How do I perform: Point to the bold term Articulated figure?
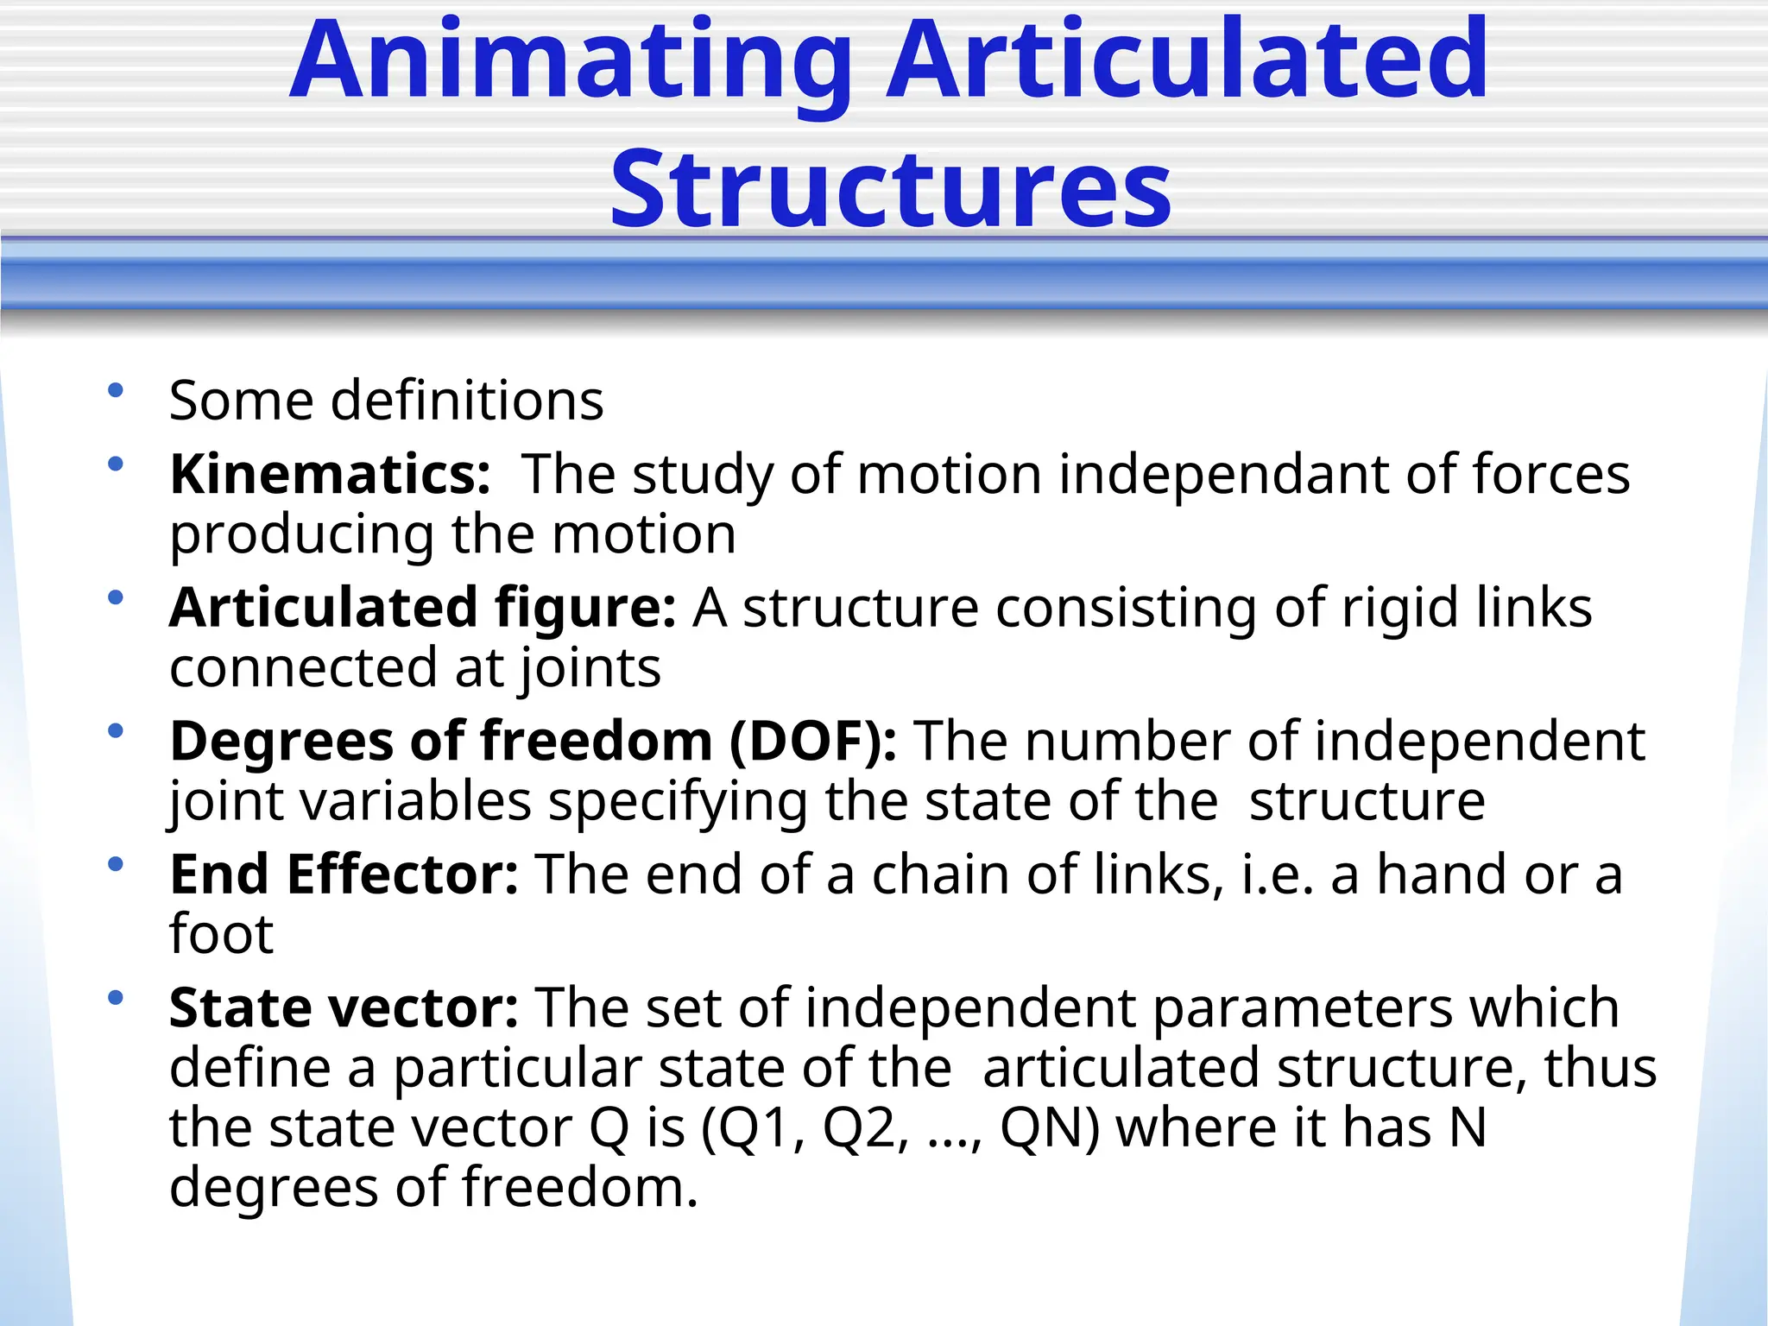[x=422, y=608]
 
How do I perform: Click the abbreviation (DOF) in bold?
[x=812, y=742]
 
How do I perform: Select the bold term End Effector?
[x=344, y=875]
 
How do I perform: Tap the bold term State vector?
[x=344, y=1008]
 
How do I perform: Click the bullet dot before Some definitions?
[x=116, y=390]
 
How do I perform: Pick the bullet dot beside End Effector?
[x=116, y=864]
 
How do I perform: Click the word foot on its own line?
[x=221, y=935]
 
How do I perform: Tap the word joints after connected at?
[x=590, y=669]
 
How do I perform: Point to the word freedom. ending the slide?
[x=579, y=1188]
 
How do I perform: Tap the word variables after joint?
[x=415, y=802]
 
